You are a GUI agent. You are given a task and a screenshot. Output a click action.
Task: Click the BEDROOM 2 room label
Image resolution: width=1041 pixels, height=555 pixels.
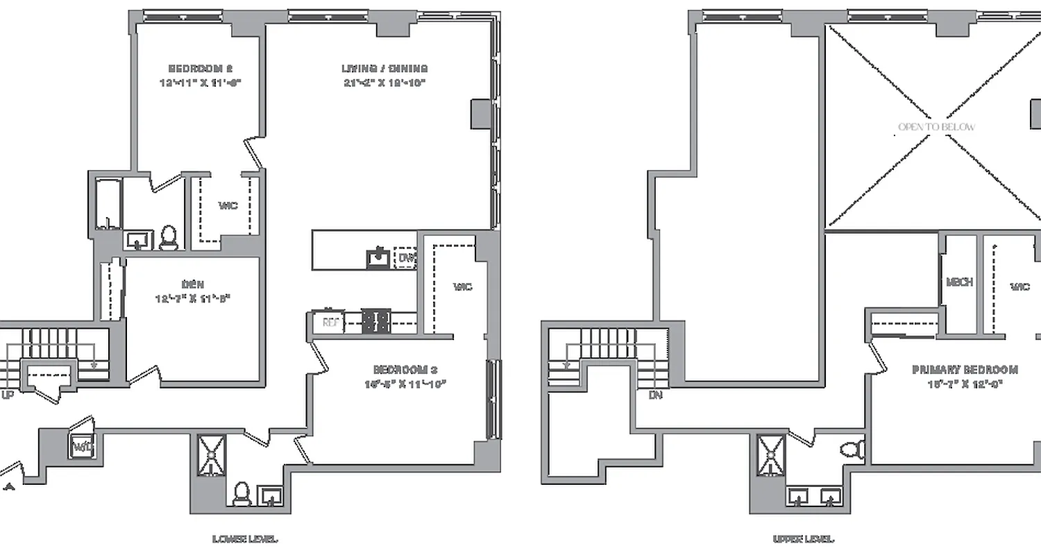201,69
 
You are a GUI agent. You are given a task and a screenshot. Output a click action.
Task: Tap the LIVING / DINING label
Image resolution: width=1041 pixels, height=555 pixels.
384,69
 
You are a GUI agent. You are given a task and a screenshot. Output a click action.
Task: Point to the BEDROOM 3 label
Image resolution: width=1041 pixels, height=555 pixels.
405,370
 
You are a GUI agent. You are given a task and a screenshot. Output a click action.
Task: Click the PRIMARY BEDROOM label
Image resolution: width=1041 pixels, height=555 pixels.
965,370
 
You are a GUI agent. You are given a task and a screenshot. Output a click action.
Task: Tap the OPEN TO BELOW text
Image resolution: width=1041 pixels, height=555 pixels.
936,127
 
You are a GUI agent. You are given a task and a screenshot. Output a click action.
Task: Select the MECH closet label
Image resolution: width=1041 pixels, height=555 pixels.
959,282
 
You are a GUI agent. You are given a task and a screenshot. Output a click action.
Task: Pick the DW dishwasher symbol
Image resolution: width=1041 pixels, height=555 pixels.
405,258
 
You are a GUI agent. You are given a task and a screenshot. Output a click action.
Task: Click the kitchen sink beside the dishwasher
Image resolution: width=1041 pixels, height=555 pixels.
378,258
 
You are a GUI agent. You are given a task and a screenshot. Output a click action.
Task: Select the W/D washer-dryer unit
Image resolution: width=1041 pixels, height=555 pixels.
81,445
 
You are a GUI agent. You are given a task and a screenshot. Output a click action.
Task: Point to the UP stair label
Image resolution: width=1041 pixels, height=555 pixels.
8,395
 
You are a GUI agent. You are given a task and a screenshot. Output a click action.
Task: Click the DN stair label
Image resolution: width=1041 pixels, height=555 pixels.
655,395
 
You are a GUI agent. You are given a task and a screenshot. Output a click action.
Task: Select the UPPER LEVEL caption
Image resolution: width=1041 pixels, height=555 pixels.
804,538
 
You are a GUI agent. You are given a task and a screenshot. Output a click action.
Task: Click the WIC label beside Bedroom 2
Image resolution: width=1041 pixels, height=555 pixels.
228,206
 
